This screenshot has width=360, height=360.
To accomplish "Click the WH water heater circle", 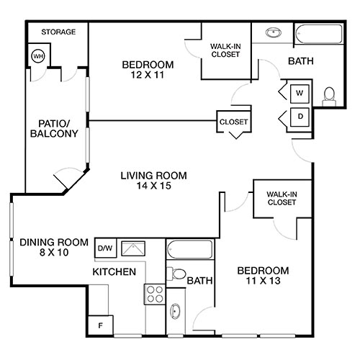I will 39,56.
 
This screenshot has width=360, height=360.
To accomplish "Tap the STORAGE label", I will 58,32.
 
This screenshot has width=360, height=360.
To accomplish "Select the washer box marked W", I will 300,93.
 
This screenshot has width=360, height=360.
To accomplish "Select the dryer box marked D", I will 300,117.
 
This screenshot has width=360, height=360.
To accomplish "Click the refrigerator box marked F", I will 100,325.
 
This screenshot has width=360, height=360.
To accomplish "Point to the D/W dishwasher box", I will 104,248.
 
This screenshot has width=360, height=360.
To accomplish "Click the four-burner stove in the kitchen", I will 155,293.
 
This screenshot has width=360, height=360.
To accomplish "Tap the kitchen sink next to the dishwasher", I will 132,249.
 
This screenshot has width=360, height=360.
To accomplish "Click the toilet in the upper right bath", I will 329,94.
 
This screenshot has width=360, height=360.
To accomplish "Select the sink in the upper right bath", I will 274,32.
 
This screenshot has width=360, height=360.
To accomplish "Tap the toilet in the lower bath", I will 176,274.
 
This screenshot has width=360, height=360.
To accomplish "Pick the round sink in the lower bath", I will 176,312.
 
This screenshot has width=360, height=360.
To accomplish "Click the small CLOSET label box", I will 233,122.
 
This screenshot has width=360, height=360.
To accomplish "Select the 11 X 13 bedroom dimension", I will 263,282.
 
